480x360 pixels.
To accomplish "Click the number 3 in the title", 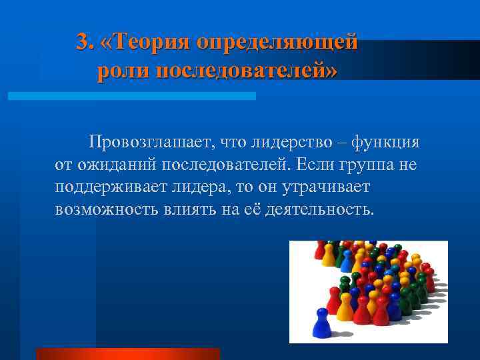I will (x=82, y=42).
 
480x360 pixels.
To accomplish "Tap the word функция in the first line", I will (x=386, y=142).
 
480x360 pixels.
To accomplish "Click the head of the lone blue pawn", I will (x=323, y=312).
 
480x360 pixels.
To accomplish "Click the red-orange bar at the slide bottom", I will (x=128, y=354).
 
